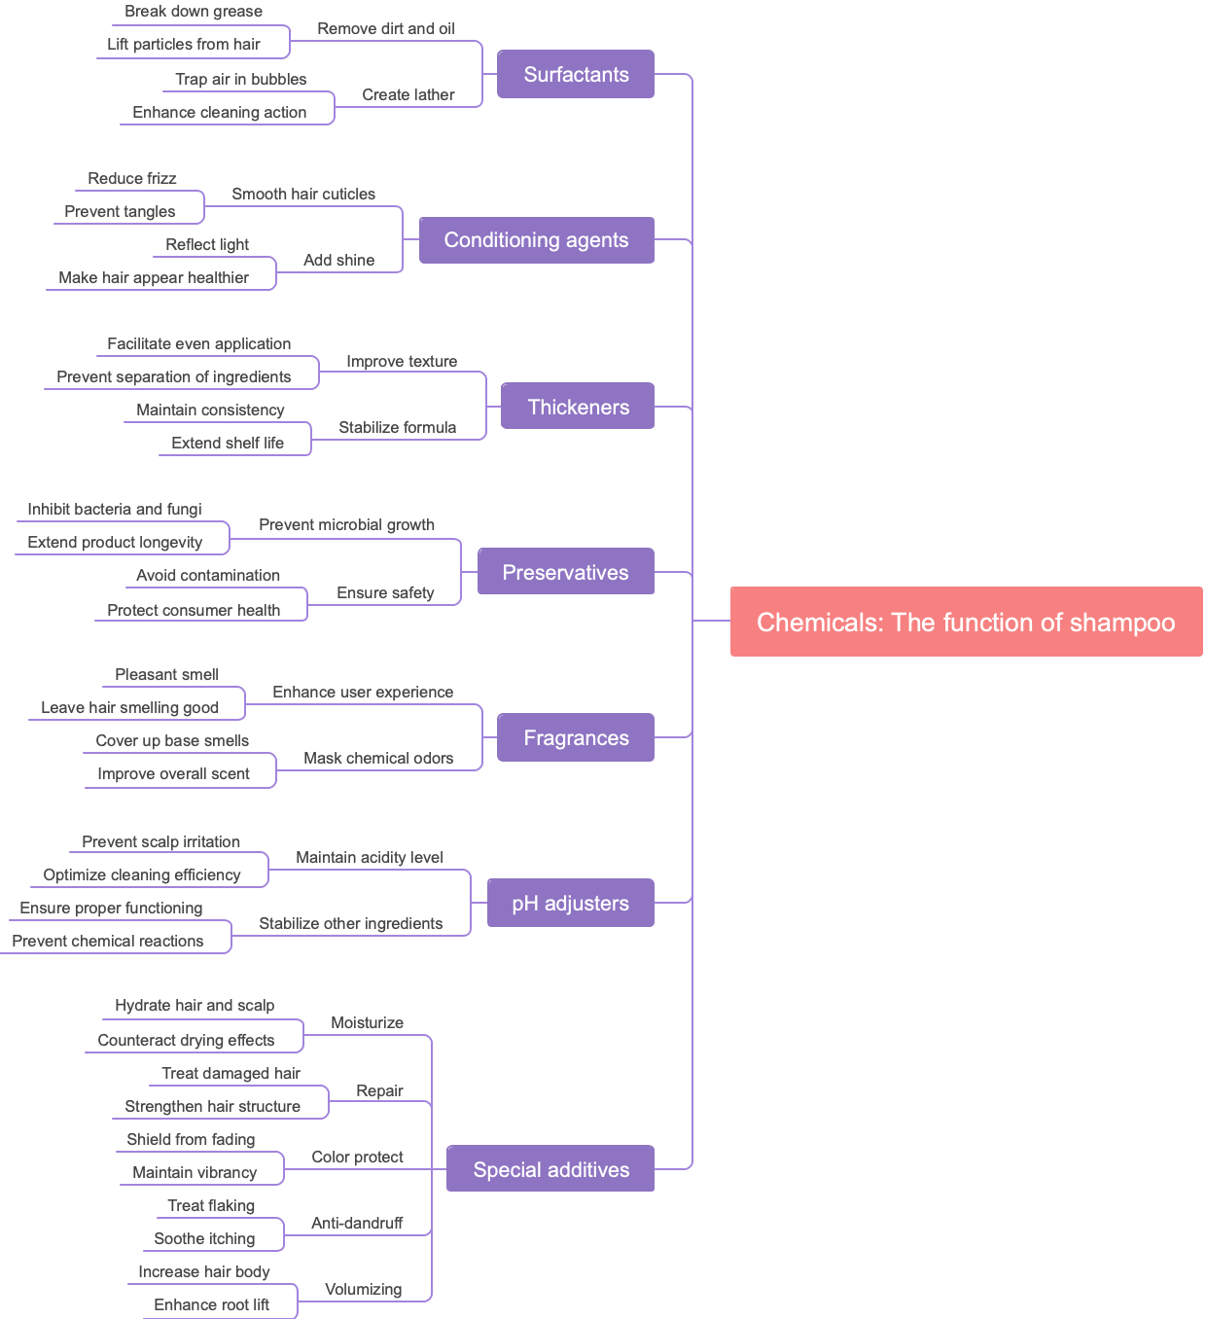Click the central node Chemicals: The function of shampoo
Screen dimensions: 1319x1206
966,622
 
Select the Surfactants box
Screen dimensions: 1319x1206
576,75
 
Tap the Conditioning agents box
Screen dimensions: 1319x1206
536,240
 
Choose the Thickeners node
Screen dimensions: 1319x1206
578,407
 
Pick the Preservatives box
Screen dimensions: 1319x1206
565,572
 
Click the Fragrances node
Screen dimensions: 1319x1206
576,737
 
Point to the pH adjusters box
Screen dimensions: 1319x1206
570,903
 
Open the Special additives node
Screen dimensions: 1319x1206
550,1169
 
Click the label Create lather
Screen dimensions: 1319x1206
408,94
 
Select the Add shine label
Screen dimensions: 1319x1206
338,260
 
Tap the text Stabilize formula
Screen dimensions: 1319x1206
397,427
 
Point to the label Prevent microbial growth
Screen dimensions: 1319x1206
346,524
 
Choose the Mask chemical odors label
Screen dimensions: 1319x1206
378,758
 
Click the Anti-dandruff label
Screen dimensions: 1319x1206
357,1223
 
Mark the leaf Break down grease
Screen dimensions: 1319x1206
194,12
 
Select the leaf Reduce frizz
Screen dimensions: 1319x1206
132,178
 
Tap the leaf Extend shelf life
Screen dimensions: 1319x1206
228,443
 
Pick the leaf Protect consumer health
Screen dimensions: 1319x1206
194,610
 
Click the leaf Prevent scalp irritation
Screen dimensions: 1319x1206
160,841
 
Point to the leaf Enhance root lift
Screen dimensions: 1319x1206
211,1304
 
